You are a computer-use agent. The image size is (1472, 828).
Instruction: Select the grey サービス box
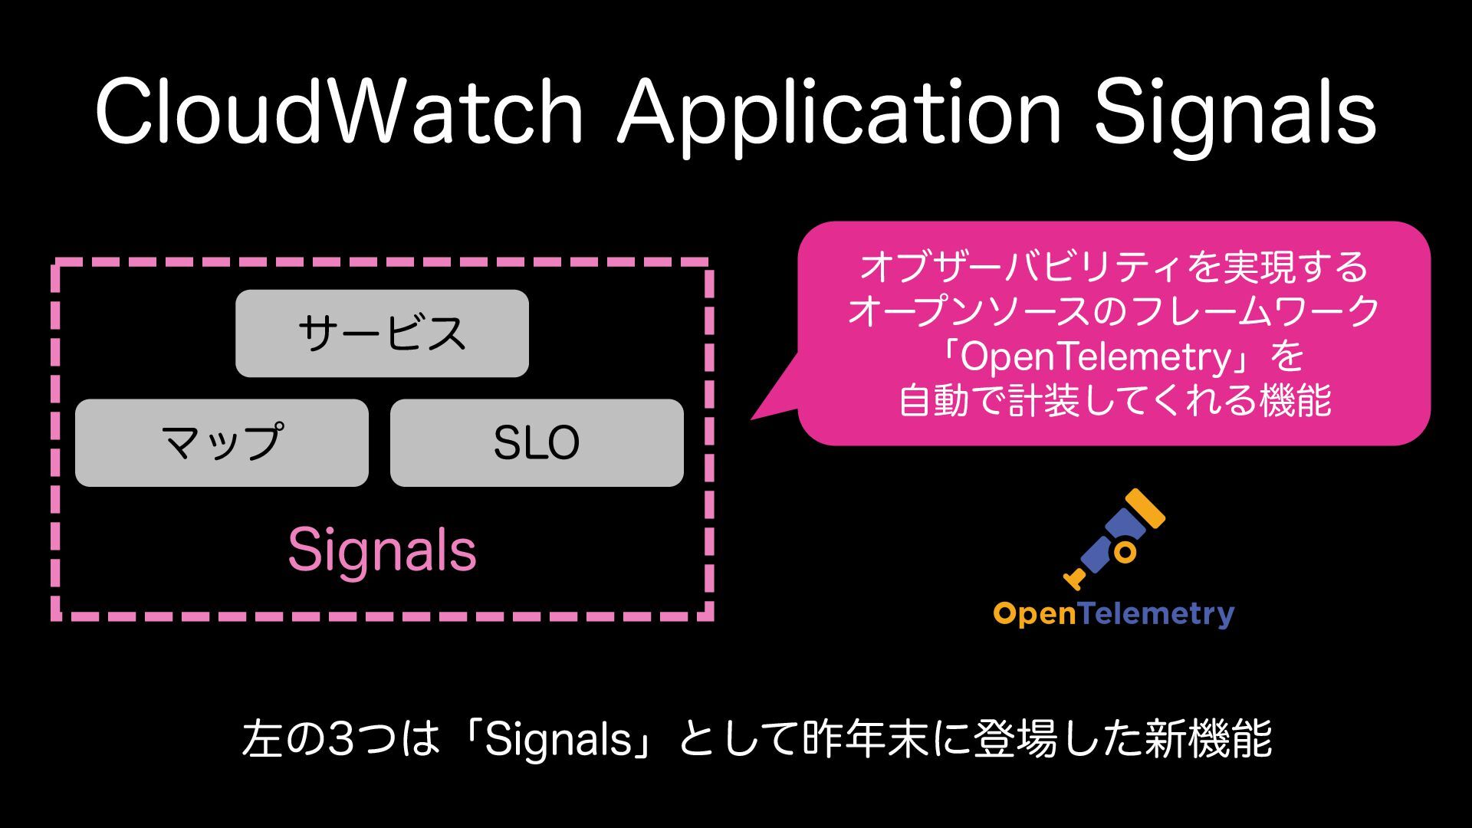(382, 333)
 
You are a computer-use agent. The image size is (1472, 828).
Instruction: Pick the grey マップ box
(222, 442)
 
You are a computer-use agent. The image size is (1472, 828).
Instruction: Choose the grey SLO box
(537, 442)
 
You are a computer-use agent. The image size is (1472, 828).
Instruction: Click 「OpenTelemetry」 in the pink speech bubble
(1104, 356)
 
